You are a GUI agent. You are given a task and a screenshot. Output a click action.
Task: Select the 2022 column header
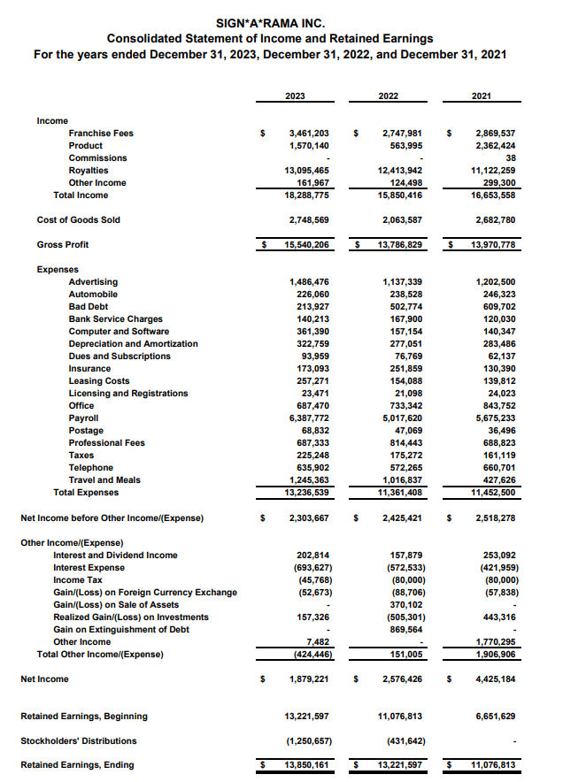388,95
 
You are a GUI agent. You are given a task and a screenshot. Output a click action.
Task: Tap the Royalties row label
89,170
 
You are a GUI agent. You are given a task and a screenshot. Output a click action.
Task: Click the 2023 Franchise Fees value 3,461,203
309,133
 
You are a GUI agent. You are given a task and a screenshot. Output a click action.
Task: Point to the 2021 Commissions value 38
510,157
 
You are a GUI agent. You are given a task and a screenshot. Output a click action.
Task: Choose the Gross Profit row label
63,244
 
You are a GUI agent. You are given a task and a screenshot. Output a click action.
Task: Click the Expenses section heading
58,269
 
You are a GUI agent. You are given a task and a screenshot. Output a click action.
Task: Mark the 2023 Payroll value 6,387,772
309,418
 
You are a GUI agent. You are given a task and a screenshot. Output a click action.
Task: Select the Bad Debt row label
89,306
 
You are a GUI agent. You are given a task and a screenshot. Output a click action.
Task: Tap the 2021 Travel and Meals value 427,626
496,479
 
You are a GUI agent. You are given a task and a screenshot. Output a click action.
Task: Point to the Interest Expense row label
89,567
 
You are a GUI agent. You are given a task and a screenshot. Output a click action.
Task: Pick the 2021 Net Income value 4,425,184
493,678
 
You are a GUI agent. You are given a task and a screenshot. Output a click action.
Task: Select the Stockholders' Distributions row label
79,740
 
